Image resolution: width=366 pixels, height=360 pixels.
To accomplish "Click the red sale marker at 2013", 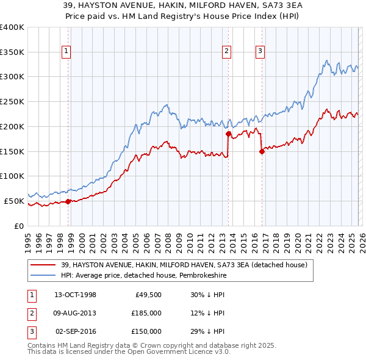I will point(228,134).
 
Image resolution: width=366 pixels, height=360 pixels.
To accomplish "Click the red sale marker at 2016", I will point(262,151).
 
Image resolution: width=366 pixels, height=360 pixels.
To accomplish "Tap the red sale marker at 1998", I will point(68,201).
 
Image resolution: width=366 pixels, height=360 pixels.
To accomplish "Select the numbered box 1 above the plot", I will point(66,52).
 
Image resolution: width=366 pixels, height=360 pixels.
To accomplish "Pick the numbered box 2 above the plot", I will point(226,52).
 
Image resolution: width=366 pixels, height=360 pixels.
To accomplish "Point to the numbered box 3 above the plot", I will point(260,52).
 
